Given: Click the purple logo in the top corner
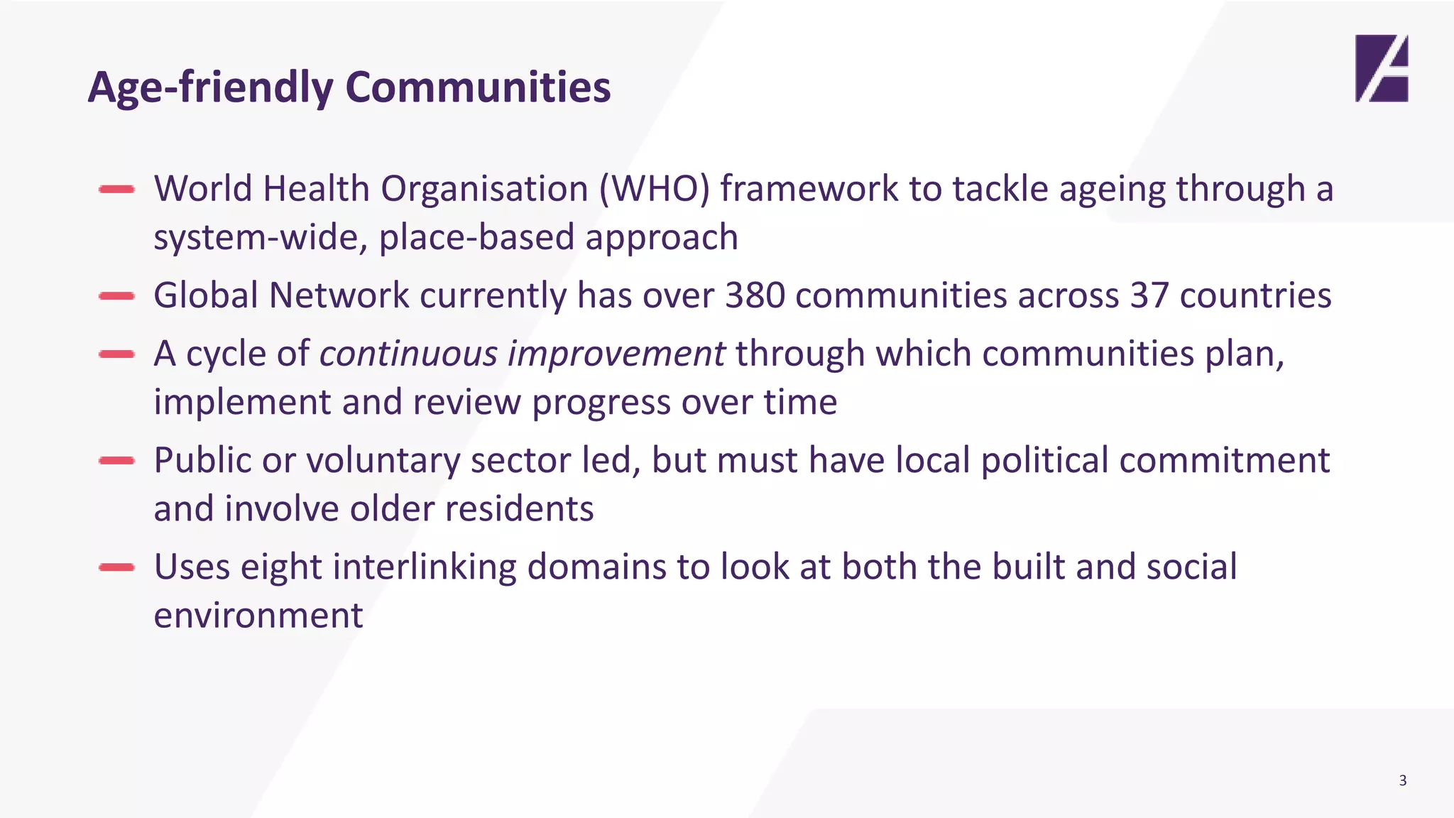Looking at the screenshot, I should pyautogui.click(x=1381, y=68).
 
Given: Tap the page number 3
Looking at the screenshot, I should pyautogui.click(x=1402, y=780).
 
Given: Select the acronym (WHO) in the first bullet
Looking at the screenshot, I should pyautogui.click(x=654, y=190).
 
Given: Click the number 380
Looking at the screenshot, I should pyautogui.click(x=755, y=295).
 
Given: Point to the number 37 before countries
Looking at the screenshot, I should pyautogui.click(x=1149, y=295).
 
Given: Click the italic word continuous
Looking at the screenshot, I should pyautogui.click(x=408, y=354).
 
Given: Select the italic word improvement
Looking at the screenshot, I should pyautogui.click(x=616, y=354).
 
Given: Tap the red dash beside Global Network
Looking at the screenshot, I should pyautogui.click(x=117, y=296).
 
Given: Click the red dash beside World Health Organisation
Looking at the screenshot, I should pyautogui.click(x=117, y=189).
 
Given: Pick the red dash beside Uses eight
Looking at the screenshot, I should pyautogui.click(x=117, y=567).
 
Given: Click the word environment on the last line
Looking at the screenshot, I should pyautogui.click(x=258, y=615).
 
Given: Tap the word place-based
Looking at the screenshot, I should pyautogui.click(x=476, y=237).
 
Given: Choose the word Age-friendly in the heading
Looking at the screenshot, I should pyautogui.click(x=210, y=87).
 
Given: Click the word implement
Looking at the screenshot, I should pyautogui.click(x=242, y=403).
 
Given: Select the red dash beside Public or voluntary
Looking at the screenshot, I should pyautogui.click(x=117, y=460).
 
